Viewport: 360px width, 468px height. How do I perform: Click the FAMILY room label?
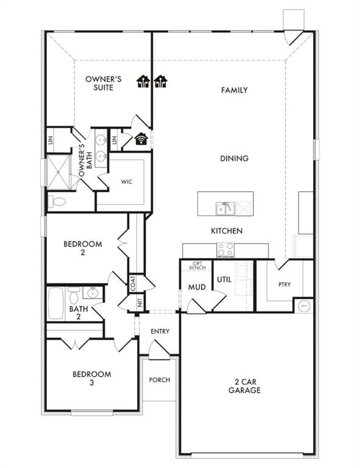tap(235, 90)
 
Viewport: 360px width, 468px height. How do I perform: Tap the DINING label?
tap(235, 158)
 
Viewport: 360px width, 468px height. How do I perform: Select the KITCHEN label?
tap(227, 231)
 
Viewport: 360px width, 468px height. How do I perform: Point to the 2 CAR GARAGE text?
tap(245, 386)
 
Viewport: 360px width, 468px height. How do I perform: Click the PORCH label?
tap(160, 380)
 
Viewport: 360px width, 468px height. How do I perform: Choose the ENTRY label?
tap(160, 331)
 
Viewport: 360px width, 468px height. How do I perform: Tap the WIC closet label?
tap(127, 182)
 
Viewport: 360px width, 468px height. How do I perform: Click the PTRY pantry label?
tap(284, 284)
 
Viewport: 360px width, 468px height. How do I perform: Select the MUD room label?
tap(196, 286)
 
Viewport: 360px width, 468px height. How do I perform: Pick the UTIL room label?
tap(224, 280)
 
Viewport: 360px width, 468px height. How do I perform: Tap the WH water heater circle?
tap(303, 305)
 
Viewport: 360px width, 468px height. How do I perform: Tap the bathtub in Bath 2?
tap(56, 303)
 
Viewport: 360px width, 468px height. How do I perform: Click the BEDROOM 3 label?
tap(92, 378)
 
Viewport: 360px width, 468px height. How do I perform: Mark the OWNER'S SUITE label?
tap(104, 83)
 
